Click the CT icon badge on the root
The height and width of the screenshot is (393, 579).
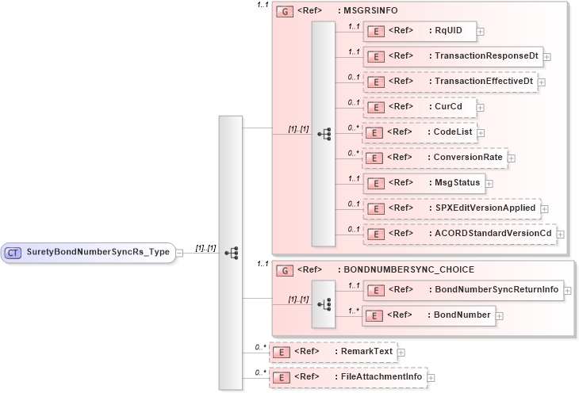pos(13,253)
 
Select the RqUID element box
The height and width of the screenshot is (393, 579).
pos(419,31)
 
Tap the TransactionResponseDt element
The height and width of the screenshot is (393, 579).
pos(452,56)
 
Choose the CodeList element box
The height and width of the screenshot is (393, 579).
pos(419,132)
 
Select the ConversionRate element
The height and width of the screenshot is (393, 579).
pos(435,158)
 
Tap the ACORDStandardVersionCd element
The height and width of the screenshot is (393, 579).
pos(459,233)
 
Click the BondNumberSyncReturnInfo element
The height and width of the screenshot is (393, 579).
pos(462,290)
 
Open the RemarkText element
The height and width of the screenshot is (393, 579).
pos(332,351)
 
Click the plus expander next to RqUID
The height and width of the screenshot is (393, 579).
pos(481,32)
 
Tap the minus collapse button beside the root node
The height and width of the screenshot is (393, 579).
pos(180,253)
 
